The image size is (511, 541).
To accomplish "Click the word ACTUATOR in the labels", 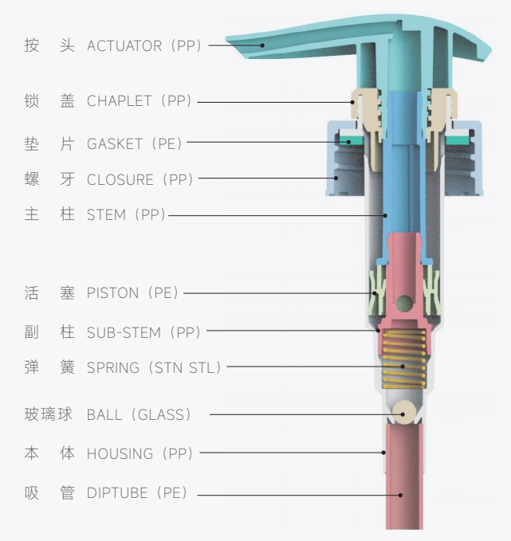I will [124, 46].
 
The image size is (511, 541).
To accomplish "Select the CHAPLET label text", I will [120, 101].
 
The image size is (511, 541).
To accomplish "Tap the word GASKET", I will [115, 143].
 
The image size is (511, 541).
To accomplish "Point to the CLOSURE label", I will [120, 179].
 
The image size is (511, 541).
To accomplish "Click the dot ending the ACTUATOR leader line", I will [261, 45].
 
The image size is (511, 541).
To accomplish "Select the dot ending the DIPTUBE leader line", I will [401, 495].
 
